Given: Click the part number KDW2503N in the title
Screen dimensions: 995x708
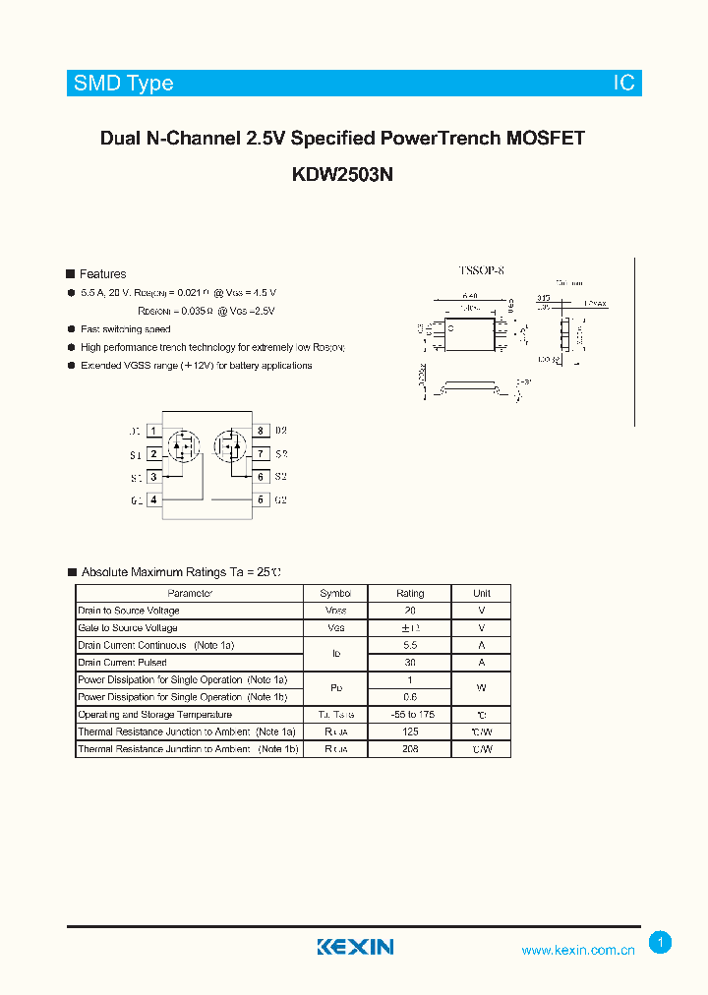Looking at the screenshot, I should coord(342,174).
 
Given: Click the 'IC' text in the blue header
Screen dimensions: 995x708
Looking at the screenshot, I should coord(624,83).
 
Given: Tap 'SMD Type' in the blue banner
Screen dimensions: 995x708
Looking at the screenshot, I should coord(124,83).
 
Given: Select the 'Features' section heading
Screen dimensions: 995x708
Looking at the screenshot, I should coord(102,273).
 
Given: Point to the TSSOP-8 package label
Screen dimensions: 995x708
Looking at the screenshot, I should coord(481,270).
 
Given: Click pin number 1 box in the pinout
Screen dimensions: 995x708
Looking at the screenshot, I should coord(153,431).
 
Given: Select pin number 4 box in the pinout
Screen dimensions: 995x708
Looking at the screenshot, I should coord(153,499).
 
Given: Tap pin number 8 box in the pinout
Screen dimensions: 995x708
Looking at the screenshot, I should coord(262,431).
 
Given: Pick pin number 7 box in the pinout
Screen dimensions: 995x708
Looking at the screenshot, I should coord(262,453).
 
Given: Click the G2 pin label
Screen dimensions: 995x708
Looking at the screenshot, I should coord(280,499).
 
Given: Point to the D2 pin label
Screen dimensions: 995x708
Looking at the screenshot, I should coord(280,431).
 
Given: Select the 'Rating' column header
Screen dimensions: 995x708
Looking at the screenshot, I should coord(410,593).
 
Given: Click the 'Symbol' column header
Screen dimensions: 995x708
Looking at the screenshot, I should coord(335,593).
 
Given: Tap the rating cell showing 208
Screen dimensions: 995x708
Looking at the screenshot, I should coord(410,749).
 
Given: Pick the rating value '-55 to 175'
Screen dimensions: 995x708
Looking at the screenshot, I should coord(410,715).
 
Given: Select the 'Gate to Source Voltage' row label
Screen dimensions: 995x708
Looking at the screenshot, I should coord(128,627).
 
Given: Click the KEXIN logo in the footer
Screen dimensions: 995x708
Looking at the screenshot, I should coord(355,947).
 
